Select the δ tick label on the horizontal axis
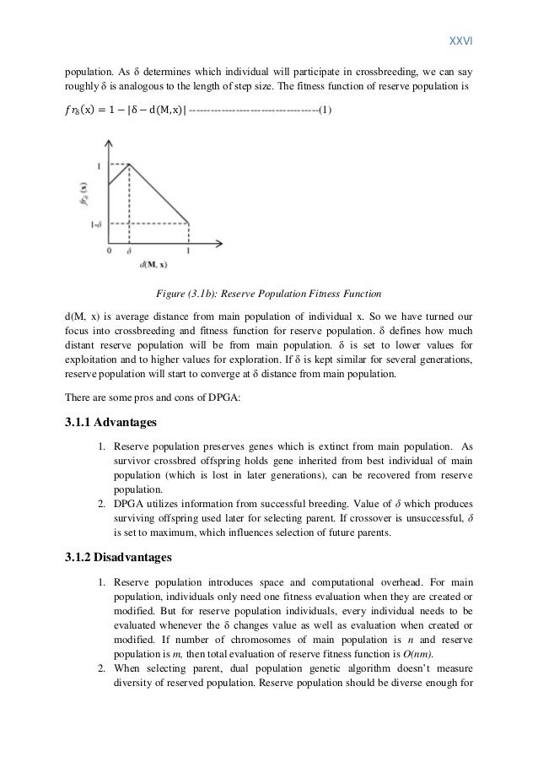tap(128, 251)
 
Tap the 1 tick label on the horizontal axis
tap(187, 251)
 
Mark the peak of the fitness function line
tap(128, 164)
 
